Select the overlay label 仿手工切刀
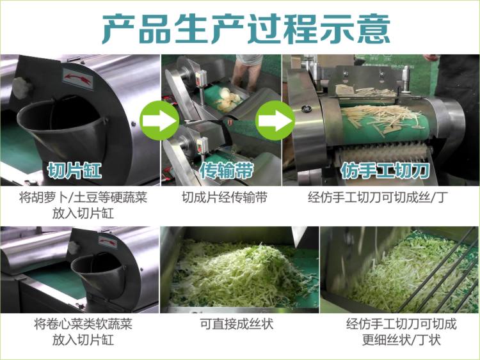tap(376, 171)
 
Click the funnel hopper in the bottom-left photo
tap(96, 269)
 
